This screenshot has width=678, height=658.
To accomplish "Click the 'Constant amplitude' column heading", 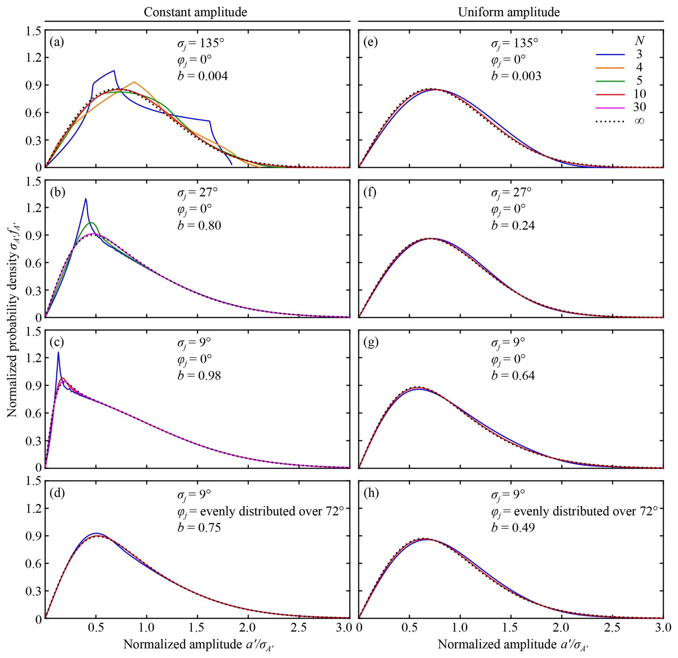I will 195,12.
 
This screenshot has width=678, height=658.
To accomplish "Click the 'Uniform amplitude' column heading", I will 508,12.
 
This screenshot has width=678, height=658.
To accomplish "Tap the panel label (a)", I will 57,42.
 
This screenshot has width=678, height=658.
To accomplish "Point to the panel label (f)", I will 370,192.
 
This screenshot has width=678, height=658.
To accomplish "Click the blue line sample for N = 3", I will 610,54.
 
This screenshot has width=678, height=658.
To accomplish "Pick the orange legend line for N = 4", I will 610,67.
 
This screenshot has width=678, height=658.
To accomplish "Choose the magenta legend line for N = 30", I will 610,108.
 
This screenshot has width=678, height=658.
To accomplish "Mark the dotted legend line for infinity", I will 610,121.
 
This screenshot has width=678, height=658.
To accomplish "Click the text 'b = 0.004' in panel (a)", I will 202,76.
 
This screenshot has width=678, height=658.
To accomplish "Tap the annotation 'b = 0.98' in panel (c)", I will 199,375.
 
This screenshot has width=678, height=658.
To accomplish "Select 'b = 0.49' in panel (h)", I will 513,527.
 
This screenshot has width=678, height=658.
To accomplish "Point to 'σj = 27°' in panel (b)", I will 197,192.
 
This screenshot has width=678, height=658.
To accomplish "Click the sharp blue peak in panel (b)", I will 86,199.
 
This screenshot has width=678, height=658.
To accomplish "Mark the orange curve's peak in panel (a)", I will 134,82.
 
